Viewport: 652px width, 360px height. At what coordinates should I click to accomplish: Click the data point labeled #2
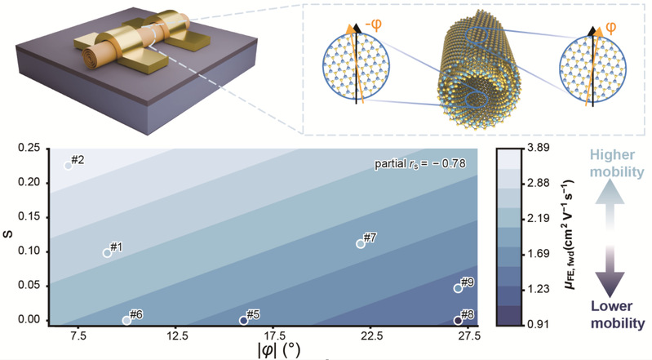[69, 166]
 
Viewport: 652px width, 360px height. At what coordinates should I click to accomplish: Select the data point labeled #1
[107, 253]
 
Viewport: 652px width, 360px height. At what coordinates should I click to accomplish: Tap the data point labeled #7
[361, 244]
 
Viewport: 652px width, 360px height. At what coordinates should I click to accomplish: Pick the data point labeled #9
[458, 288]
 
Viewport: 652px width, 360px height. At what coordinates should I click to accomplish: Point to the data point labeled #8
[458, 321]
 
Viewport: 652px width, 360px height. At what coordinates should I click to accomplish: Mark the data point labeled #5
[244, 321]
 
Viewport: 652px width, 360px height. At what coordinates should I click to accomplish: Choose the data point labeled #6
[126, 321]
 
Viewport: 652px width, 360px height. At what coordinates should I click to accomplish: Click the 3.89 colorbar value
[538, 148]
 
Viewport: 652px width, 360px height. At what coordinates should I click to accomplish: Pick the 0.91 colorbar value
[538, 324]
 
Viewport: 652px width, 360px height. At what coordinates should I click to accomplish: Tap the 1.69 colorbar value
[538, 253]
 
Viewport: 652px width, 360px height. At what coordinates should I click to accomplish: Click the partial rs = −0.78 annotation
[420, 163]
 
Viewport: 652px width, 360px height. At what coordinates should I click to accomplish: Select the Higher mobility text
[617, 163]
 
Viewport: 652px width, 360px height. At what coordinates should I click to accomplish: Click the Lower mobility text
[618, 314]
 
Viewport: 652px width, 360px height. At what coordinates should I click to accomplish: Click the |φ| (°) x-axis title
[278, 350]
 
